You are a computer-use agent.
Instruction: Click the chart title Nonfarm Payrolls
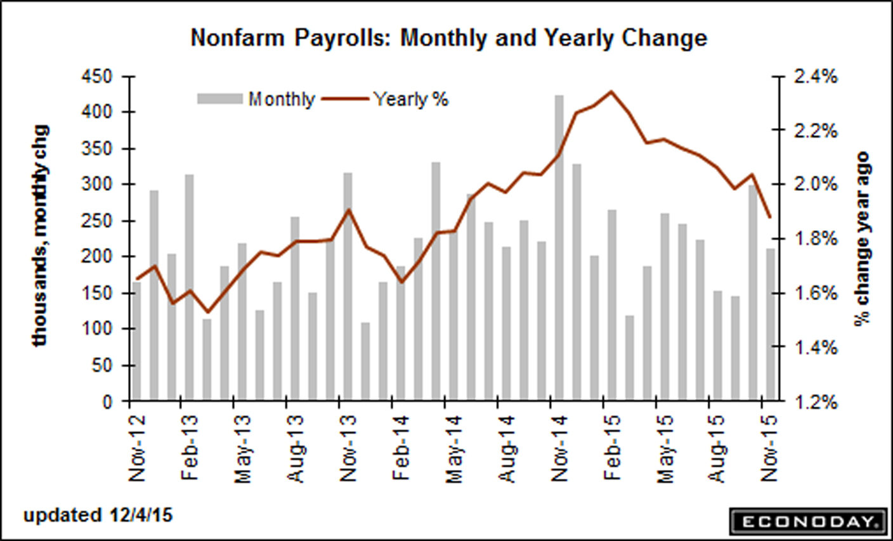coord(448,38)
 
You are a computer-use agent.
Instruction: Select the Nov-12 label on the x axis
coord(137,448)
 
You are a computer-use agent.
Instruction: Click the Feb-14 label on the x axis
coord(400,448)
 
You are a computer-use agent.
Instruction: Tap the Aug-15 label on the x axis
coord(717,448)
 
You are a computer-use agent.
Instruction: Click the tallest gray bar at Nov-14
coord(559,247)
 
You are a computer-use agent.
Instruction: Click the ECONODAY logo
coord(807,522)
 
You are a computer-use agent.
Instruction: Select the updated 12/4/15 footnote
coord(98,515)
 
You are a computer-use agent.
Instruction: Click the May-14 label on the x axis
coord(453,448)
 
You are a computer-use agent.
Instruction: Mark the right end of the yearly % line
coord(770,217)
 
